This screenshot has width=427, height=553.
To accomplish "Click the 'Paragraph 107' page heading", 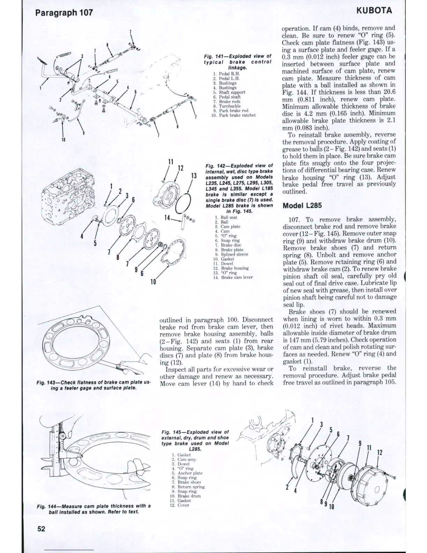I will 64,13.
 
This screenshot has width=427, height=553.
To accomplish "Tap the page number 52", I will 41,529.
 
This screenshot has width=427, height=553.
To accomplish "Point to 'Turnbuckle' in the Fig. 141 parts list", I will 230,106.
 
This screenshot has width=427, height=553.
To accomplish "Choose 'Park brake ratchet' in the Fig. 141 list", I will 237,115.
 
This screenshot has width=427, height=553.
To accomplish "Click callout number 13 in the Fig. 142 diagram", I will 194,176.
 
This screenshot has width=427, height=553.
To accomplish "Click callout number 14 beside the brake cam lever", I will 168,218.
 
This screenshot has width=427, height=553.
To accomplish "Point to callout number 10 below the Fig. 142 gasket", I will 153,281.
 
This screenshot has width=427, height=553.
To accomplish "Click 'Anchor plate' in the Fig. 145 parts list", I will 190,473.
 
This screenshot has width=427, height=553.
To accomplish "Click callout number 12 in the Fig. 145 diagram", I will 380,452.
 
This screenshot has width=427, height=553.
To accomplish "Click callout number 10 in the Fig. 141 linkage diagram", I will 63,140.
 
